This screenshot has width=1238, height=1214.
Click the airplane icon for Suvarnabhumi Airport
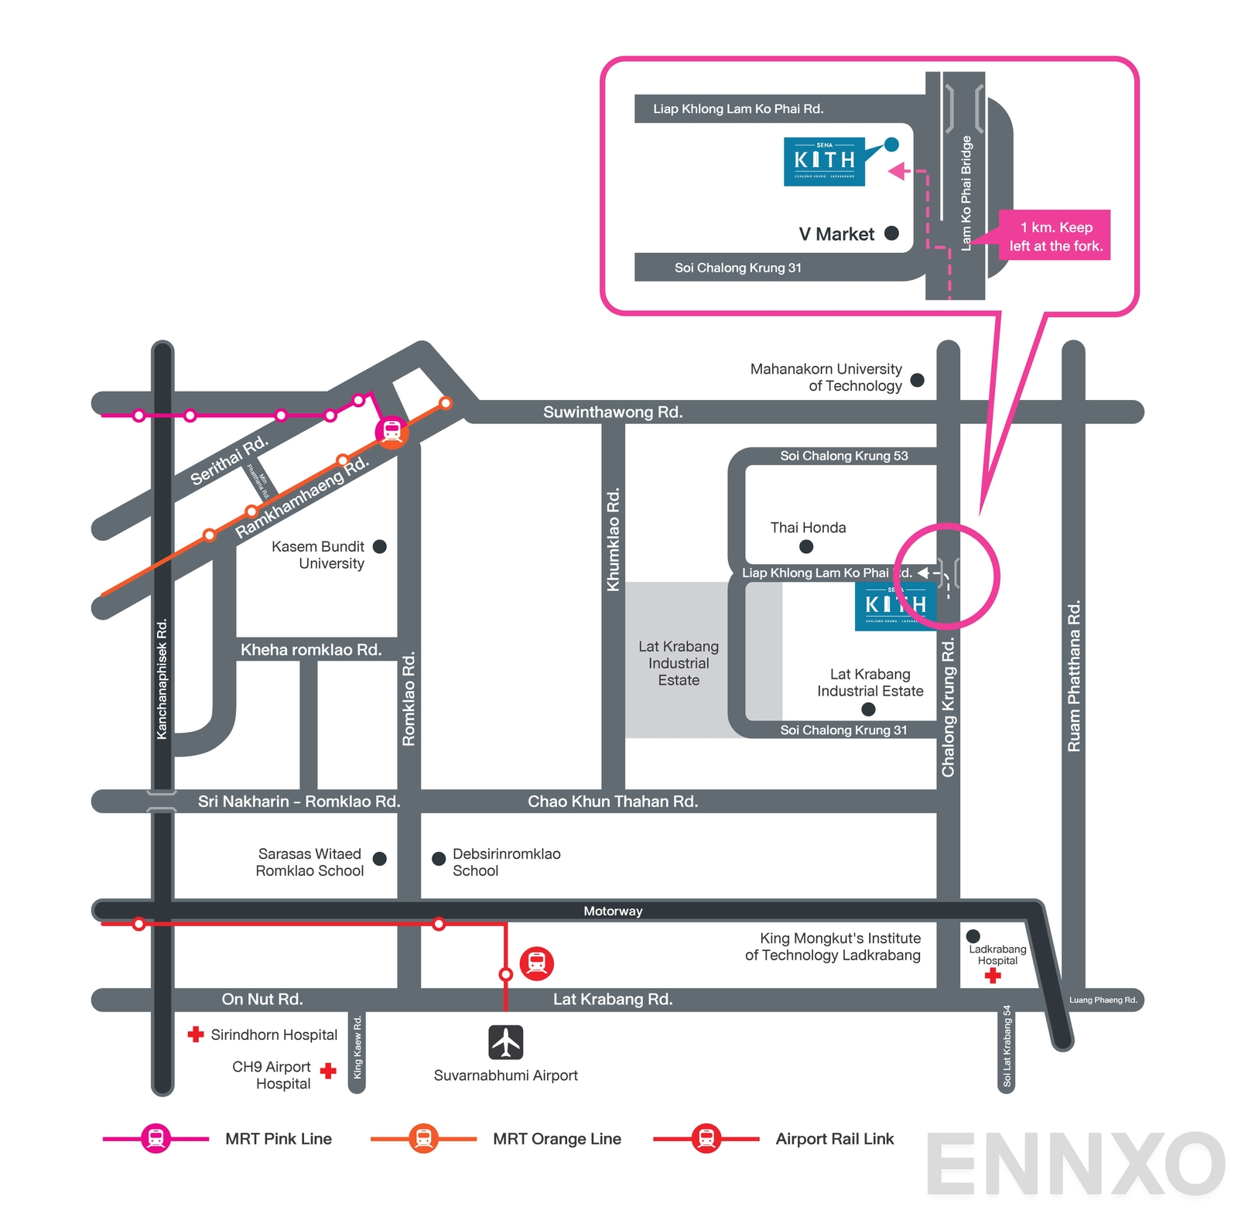click(505, 1041)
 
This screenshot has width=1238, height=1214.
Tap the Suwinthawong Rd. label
click(612, 412)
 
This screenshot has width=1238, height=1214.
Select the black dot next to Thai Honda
click(805, 546)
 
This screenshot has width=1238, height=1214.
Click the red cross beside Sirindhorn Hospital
click(196, 1034)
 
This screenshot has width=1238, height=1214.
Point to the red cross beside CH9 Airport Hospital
click(328, 1071)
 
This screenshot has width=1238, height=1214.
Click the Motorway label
click(612, 911)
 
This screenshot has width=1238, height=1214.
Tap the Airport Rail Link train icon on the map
click(536, 963)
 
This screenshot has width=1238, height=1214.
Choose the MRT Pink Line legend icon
click(156, 1138)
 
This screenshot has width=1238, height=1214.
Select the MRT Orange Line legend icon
click(423, 1138)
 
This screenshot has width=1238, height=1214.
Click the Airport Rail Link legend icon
click(706, 1138)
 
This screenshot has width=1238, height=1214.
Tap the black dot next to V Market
click(891, 233)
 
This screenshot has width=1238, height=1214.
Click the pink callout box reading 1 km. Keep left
click(1055, 236)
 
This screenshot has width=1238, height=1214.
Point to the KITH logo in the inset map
click(824, 161)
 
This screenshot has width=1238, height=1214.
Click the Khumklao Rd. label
click(613, 539)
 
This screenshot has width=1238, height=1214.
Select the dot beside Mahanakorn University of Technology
click(917, 380)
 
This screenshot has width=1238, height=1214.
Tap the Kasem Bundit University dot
click(379, 546)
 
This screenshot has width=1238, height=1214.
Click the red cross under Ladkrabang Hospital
click(993, 976)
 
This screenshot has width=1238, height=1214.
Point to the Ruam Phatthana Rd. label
click(1073, 675)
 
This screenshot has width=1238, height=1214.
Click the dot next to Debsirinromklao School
click(438, 858)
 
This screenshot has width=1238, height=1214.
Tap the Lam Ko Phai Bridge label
click(966, 193)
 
